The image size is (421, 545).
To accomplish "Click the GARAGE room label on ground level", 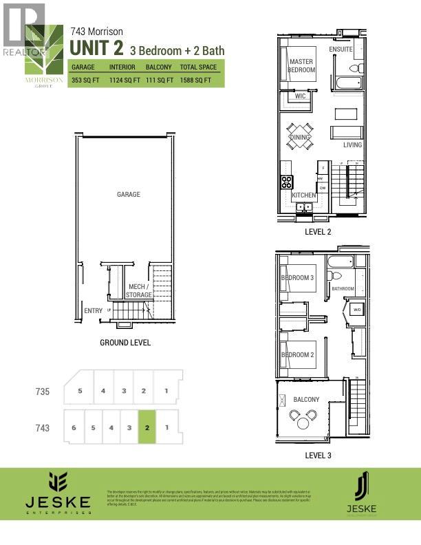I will pyautogui.click(x=128, y=195).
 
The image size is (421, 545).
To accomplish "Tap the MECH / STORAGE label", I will pyautogui.click(x=139, y=290).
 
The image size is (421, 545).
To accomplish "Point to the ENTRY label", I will pyautogui.click(x=93, y=311).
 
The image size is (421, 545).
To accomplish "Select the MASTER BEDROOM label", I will pyautogui.click(x=301, y=66).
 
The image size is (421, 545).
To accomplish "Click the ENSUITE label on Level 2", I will pyautogui.click(x=341, y=50).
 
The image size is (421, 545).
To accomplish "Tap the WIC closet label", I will pyautogui.click(x=300, y=96).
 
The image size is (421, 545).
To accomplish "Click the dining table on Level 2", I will pyautogui.click(x=300, y=136).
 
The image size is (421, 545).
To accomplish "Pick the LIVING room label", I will pyautogui.click(x=352, y=145).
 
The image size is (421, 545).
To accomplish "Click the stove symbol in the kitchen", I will pyautogui.click(x=286, y=182).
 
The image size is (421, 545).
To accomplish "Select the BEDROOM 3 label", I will pyautogui.click(x=297, y=278).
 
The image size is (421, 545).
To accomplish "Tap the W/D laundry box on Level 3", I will pyautogui.click(x=357, y=310).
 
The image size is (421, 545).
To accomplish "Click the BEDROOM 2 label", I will pyautogui.click(x=297, y=355).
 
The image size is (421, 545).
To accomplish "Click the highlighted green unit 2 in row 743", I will pyautogui.click(x=147, y=427).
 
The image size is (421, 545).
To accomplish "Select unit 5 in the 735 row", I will pyautogui.click(x=80, y=391).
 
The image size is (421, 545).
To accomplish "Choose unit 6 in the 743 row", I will pyautogui.click(x=73, y=427).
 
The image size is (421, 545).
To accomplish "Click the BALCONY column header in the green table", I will pyautogui.click(x=159, y=67).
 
